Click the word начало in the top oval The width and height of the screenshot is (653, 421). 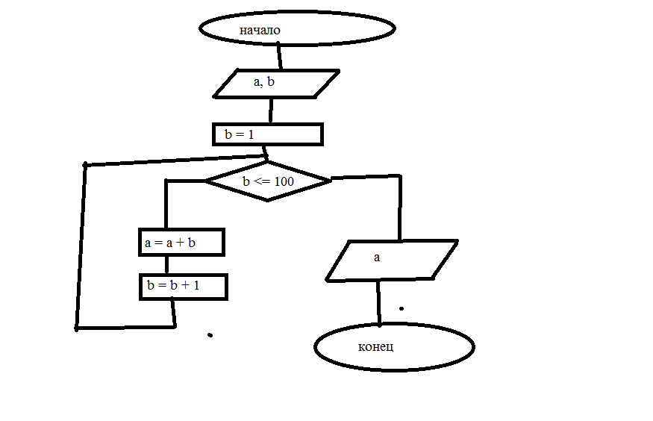(x=260, y=30)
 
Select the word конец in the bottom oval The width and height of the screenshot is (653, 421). (x=375, y=347)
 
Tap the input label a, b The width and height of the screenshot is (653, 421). (x=264, y=81)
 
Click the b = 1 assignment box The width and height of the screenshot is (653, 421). (x=268, y=134)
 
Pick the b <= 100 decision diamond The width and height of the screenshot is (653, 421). (x=268, y=181)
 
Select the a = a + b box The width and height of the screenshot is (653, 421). (x=181, y=242)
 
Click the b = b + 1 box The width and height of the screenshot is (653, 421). (x=184, y=287)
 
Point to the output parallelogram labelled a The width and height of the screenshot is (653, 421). (x=392, y=261)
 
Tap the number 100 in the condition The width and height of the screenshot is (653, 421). (x=284, y=181)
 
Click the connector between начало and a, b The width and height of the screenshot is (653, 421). (x=279, y=56)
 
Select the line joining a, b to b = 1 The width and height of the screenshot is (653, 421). (x=271, y=110)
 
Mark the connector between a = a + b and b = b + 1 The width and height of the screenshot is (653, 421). (x=166, y=265)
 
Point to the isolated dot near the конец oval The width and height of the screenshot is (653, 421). (x=402, y=308)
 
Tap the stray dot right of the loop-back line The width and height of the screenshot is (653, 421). (x=210, y=335)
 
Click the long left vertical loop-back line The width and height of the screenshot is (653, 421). (x=81, y=246)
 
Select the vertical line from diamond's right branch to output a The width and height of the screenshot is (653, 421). (x=400, y=208)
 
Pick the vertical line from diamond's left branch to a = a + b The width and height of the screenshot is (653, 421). (x=166, y=204)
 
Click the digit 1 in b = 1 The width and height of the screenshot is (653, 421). (x=251, y=134)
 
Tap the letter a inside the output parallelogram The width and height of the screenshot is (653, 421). (x=377, y=258)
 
